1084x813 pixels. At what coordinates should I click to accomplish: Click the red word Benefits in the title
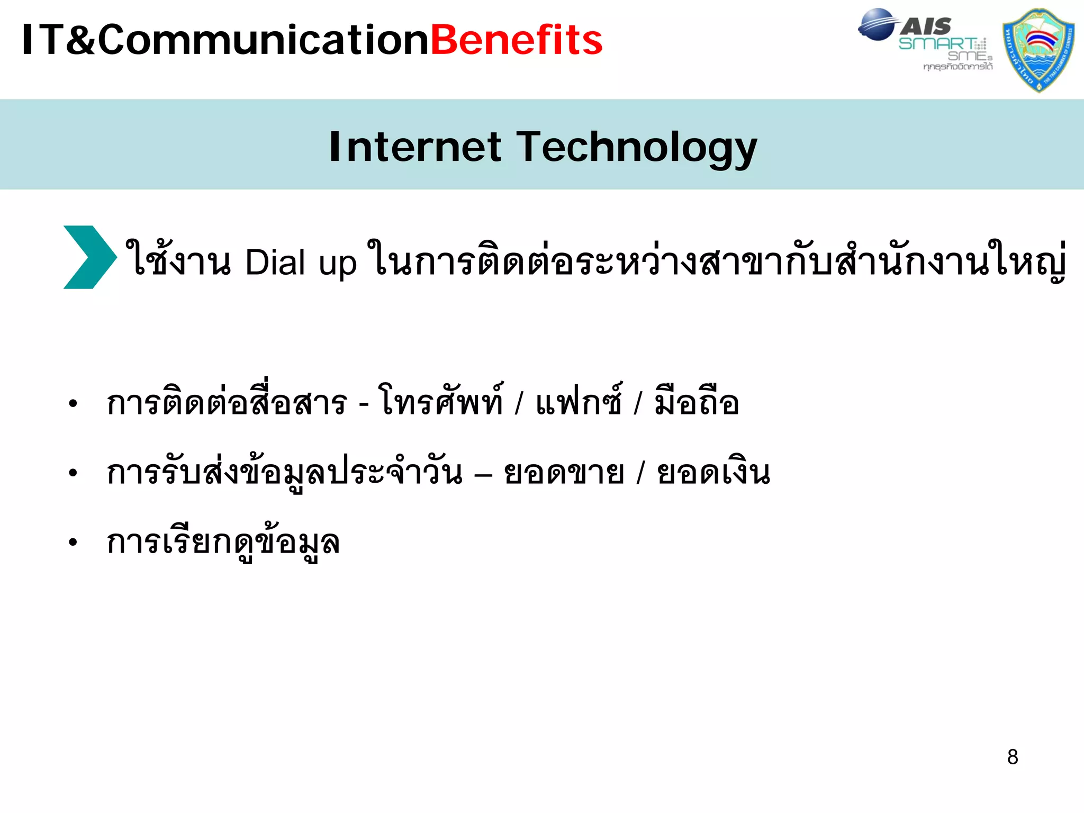coord(517,40)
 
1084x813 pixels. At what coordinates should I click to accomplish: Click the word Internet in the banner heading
coord(415,147)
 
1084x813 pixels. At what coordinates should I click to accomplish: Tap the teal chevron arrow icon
coord(89,257)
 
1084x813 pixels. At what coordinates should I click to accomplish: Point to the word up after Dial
coord(337,265)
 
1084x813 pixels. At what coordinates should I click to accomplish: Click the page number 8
coord(1013,757)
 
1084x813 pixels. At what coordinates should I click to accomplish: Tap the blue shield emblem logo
coord(1038,50)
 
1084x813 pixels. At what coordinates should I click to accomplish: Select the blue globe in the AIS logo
coord(875,24)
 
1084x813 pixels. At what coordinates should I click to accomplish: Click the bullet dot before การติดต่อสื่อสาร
coord(73,404)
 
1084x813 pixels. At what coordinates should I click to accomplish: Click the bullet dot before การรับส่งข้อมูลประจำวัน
coord(73,473)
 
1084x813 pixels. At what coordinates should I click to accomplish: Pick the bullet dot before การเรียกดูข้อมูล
coord(73,542)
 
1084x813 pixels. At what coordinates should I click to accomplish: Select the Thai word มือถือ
coord(697,402)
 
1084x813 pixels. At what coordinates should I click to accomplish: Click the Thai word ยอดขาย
coord(564,473)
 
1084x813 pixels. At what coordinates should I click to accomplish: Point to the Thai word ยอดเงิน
coord(713,473)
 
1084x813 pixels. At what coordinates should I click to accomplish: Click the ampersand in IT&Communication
coord(80,40)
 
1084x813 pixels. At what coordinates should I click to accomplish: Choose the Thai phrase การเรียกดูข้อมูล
coord(223,542)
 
